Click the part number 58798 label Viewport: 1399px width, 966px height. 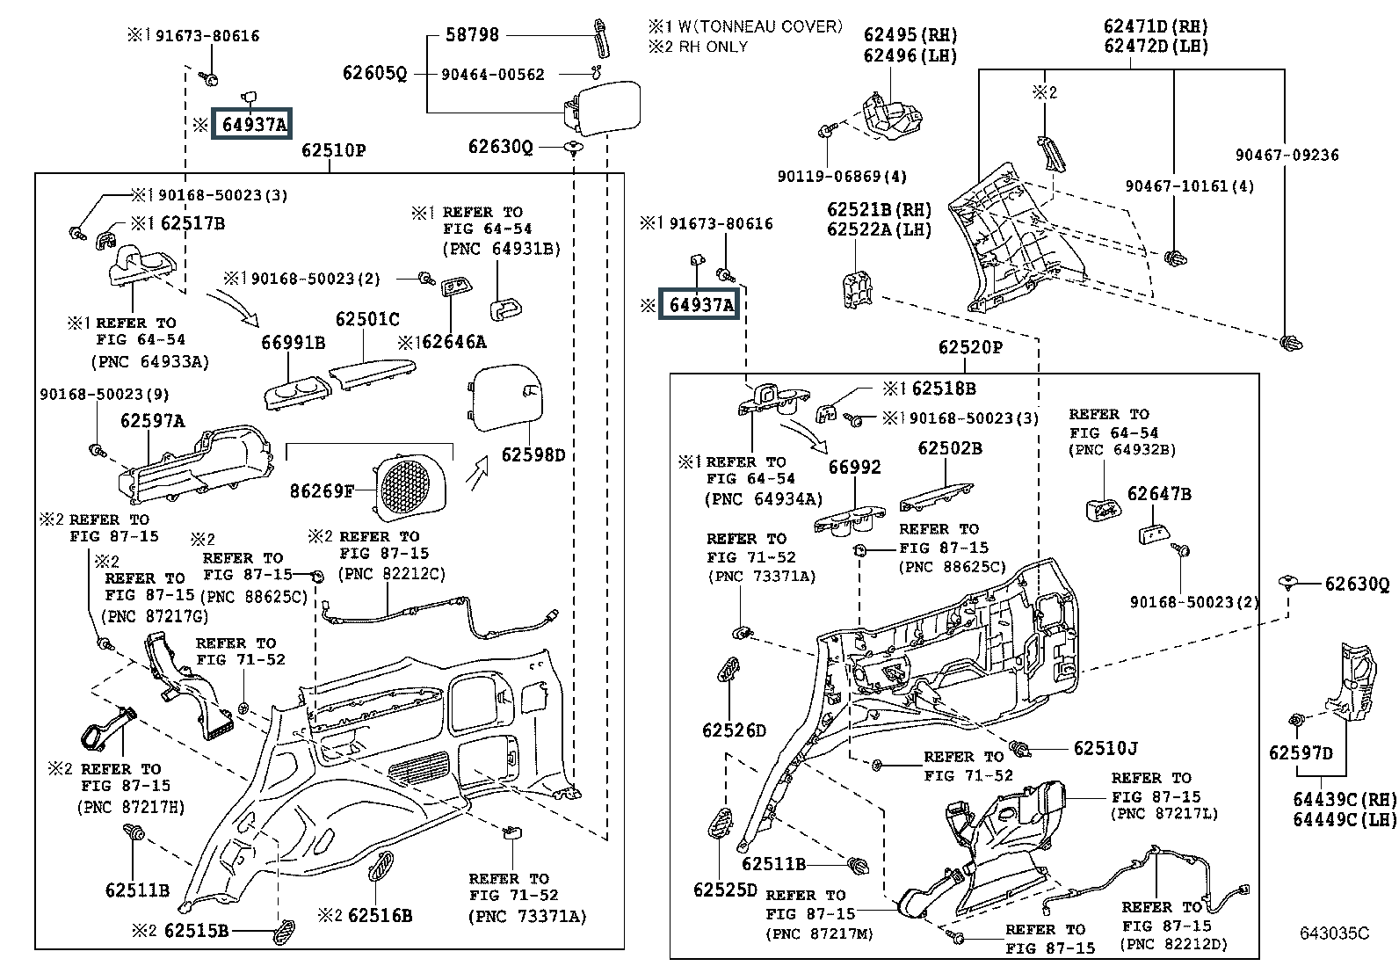(x=472, y=34)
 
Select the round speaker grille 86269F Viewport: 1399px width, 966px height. (x=405, y=487)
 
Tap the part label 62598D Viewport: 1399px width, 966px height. (x=533, y=455)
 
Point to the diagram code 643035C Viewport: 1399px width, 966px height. (x=1335, y=933)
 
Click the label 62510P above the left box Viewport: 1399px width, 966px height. (x=334, y=150)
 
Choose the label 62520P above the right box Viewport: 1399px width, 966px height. (x=970, y=347)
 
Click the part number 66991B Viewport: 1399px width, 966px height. (x=293, y=343)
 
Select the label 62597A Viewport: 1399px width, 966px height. (x=152, y=420)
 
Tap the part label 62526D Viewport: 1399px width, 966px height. (x=734, y=730)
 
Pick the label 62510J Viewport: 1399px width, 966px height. (x=1105, y=748)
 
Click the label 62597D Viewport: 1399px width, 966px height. (x=1301, y=753)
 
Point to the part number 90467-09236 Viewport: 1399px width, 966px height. (x=1287, y=155)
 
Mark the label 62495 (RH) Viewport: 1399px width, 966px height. (x=910, y=34)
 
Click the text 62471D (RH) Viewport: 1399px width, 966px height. (x=1156, y=26)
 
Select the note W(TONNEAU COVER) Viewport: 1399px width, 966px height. (x=760, y=26)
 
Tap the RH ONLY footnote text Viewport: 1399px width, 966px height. (x=713, y=47)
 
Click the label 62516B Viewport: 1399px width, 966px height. (x=380, y=915)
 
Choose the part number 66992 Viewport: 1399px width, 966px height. (x=854, y=467)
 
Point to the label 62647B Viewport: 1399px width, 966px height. (x=1159, y=494)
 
